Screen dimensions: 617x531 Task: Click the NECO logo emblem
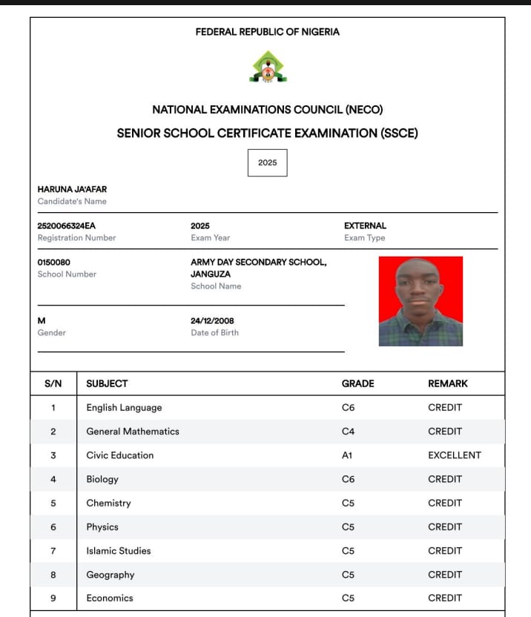267,67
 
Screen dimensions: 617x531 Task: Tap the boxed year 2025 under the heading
267,162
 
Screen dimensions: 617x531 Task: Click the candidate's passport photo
420,301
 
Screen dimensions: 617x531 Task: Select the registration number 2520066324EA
67,225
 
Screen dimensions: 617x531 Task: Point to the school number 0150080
54,262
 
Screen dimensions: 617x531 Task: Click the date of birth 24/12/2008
212,320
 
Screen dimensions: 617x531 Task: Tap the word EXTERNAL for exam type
365,225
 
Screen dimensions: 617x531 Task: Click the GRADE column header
357,383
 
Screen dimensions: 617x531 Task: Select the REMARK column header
448,383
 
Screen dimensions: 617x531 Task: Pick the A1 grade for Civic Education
347,455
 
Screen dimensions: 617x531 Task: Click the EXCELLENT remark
454,455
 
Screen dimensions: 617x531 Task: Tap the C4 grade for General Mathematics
348,432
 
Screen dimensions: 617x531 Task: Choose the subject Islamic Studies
119,550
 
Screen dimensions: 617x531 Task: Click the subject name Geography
111,575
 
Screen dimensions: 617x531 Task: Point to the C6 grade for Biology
348,479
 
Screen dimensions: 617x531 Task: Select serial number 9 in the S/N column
53,598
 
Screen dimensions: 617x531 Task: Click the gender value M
42,320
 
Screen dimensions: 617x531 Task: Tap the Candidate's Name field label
72,201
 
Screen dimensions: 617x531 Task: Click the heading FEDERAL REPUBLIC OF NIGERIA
267,32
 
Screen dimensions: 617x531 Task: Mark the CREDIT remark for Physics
445,527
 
